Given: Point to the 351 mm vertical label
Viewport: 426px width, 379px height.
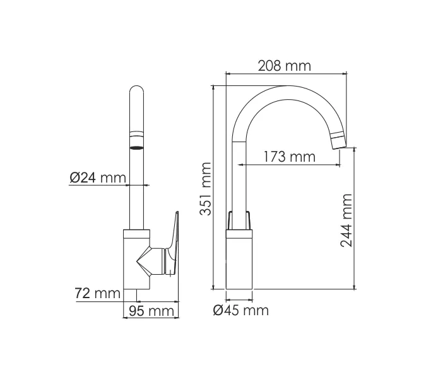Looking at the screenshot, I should point(206,188).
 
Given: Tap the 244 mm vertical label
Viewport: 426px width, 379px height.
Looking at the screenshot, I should point(346,220).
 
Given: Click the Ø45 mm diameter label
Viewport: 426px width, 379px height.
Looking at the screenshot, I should point(240,310).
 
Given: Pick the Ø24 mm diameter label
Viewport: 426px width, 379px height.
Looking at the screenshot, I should point(98,178).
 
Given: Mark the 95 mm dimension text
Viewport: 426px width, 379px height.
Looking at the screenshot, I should point(151,311).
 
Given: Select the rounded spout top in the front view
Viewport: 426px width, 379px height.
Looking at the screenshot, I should point(138,95).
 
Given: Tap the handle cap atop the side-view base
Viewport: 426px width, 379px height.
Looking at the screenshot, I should point(240,221).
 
